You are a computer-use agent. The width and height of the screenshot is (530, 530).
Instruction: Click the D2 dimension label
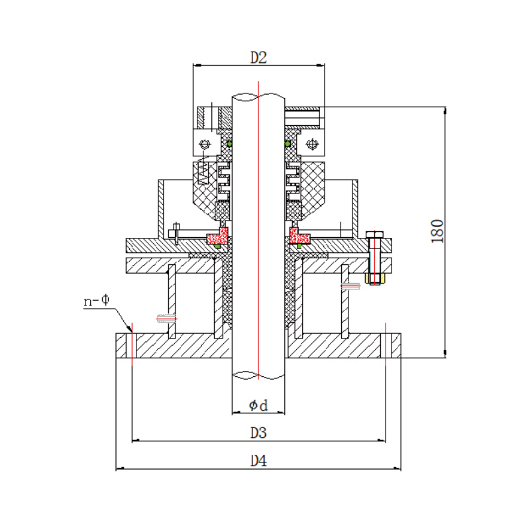tap(258, 58)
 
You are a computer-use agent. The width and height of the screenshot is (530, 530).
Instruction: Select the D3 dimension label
tap(258, 433)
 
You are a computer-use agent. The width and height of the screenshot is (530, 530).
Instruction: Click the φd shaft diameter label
tap(258, 405)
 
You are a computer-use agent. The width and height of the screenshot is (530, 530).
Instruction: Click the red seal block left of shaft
tap(217, 235)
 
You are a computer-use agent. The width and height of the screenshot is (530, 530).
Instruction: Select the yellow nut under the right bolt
tap(374, 278)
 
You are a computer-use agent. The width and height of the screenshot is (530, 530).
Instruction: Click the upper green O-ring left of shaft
tap(229, 143)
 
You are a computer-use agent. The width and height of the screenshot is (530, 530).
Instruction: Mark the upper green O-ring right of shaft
tap(287, 143)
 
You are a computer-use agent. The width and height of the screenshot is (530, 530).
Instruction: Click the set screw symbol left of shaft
tap(205, 144)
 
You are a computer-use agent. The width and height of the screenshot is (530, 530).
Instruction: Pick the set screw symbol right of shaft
tap(311, 143)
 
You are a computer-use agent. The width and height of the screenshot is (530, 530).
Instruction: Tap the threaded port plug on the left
tap(166, 318)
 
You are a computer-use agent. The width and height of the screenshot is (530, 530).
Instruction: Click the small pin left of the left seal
tap(176, 233)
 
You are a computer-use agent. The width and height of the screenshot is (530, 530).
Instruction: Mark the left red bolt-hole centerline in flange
tap(132, 344)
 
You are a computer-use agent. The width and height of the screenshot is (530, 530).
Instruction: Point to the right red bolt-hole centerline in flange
tap(385, 344)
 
